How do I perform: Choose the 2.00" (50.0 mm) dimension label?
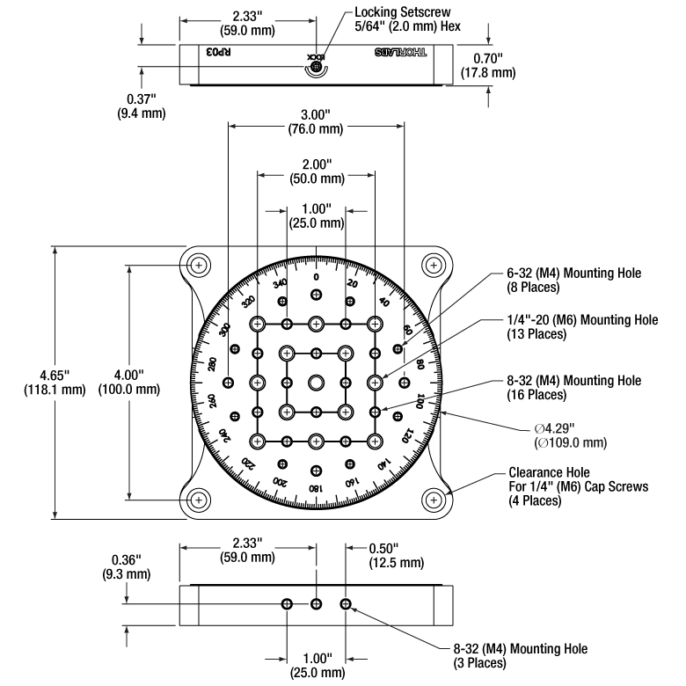point(316,171)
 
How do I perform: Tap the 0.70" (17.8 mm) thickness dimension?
point(487,66)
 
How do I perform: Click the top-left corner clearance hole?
point(199,265)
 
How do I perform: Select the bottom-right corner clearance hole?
point(433,500)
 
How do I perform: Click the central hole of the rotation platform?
point(316,383)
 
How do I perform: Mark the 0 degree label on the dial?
point(316,277)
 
